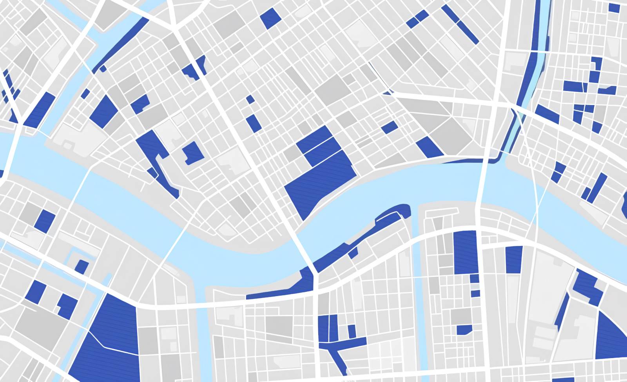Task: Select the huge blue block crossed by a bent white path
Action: click(x=110, y=337)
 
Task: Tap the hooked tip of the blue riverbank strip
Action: click(x=404, y=210)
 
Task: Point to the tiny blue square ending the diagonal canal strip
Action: click(x=103, y=69)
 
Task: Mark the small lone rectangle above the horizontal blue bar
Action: click(x=352, y=331)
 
